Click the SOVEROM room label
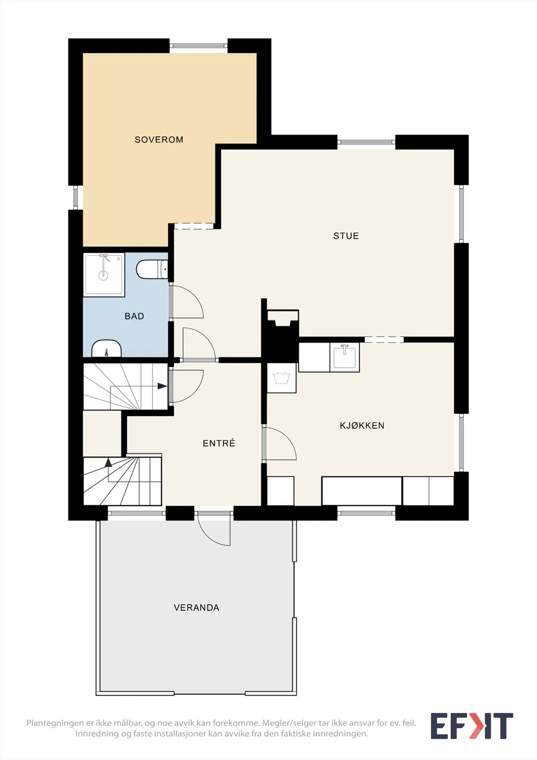click(x=159, y=140)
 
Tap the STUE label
click(x=346, y=236)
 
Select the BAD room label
click(x=134, y=316)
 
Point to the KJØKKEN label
click(x=362, y=426)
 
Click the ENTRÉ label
click(x=219, y=443)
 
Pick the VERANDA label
click(x=197, y=608)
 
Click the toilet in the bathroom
click(x=152, y=269)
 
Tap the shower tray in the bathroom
click(x=104, y=275)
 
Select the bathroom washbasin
click(x=106, y=349)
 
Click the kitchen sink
click(x=345, y=357)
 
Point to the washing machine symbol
click(x=282, y=378)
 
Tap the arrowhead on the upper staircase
click(x=162, y=386)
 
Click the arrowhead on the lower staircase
click(x=108, y=462)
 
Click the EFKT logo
click(x=471, y=726)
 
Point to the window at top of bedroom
click(x=198, y=46)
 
